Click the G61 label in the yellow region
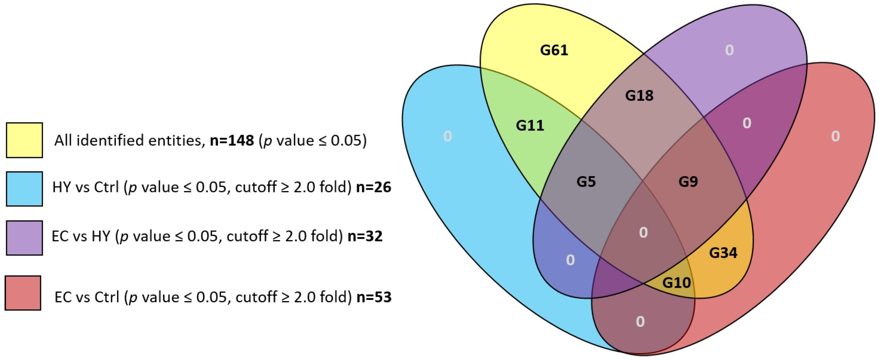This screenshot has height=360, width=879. (x=554, y=50)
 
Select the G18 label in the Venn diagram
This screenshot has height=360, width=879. (x=639, y=96)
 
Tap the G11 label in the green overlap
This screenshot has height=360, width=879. (x=530, y=126)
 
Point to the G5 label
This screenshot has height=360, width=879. (x=586, y=182)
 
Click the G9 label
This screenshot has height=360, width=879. (x=688, y=182)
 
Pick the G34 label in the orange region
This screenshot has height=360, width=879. (x=723, y=253)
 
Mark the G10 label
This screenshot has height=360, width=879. (x=677, y=283)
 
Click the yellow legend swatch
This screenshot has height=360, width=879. (x=24, y=140)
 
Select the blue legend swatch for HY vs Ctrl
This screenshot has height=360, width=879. (x=24, y=189)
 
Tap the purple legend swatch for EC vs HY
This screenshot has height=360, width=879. (x=24, y=238)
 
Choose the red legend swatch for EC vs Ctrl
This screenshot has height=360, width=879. (x=23, y=293)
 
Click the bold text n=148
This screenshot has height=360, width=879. (x=232, y=141)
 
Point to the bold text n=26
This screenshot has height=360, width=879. (x=373, y=187)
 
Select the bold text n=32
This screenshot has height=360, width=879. (x=365, y=236)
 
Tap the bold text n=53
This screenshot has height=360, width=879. (x=374, y=297)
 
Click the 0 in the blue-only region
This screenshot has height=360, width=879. (x=448, y=136)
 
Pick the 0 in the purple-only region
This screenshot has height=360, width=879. (x=729, y=50)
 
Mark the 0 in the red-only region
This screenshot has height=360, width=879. (x=835, y=136)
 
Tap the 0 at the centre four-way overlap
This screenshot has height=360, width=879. (x=643, y=233)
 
